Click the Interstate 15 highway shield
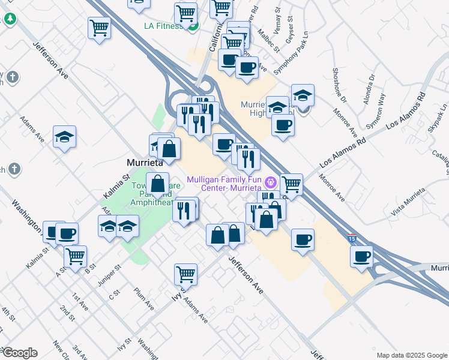coord(352,238)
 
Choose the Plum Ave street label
coord(145,296)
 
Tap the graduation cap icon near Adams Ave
coord(64,137)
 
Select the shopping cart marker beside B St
coord(75,256)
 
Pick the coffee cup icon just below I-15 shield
coord(362,256)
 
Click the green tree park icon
coord(10,19)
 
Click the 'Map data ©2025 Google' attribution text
coord(411,355)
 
